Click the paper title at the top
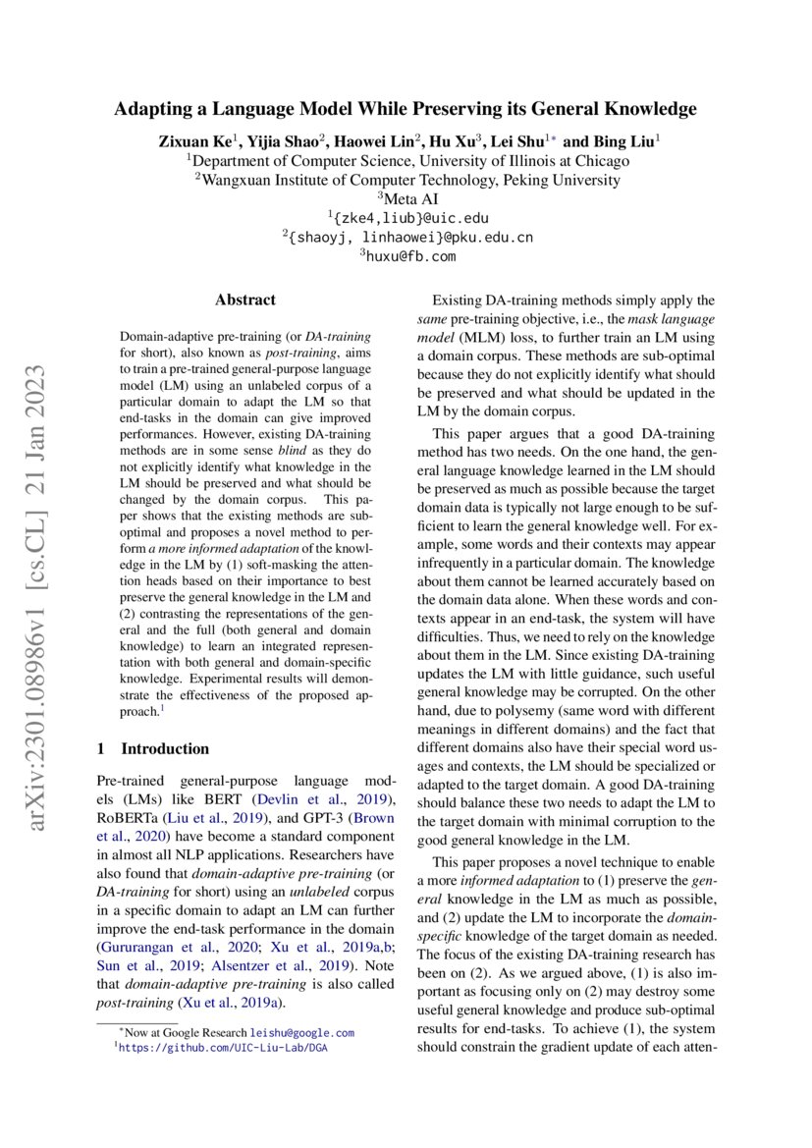(x=406, y=109)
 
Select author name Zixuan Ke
(x=193, y=141)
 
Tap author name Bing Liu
(x=622, y=141)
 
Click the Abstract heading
(x=245, y=301)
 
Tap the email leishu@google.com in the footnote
(x=301, y=1033)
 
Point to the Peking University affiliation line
(x=407, y=180)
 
